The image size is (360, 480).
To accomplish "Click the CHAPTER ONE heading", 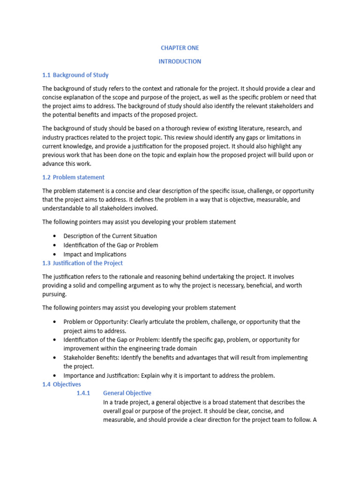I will pyautogui.click(x=180, y=48).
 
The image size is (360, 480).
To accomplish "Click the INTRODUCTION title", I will pyautogui.click(x=180, y=61).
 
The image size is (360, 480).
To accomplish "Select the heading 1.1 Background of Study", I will pyautogui.click(x=75, y=75).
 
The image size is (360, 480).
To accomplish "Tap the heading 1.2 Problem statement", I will pyautogui.click(x=74, y=177).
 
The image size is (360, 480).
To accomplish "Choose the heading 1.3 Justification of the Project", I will pyautogui.click(x=82, y=263).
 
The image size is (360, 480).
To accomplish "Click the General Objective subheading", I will pyautogui.click(x=127, y=393).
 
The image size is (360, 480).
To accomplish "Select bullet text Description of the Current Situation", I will pyautogui.click(x=110, y=236).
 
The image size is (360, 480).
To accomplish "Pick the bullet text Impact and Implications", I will pyautogui.click(x=95, y=254).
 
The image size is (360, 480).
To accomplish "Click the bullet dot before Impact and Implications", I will pyautogui.click(x=55, y=254).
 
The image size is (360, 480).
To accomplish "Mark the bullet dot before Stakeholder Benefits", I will pyautogui.click(x=55, y=357).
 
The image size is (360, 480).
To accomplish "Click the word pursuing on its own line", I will pyautogui.click(x=54, y=294).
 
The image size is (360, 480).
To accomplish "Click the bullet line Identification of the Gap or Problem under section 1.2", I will pyautogui.click(x=111, y=245).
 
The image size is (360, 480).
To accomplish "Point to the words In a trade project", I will pyautogui.click(x=125, y=402).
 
